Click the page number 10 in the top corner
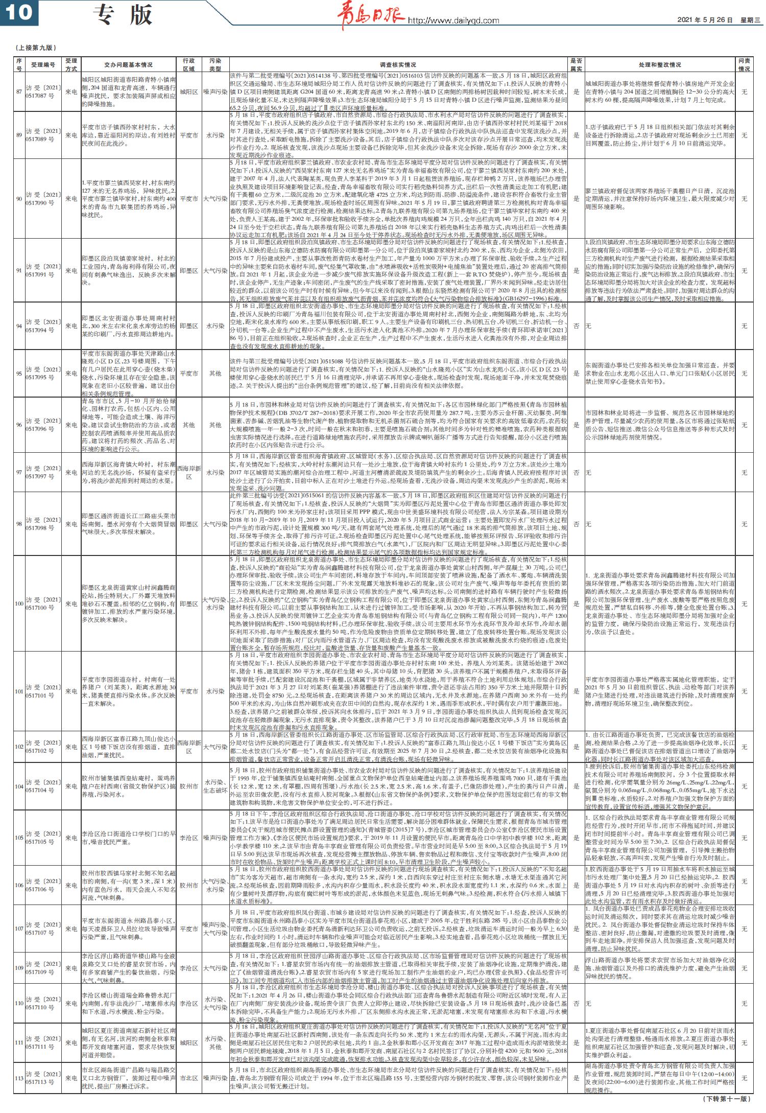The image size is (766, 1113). click(19, 13)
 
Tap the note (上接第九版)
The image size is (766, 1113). click(36, 48)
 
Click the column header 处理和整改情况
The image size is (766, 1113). click(659, 65)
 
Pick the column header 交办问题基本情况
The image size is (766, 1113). click(128, 65)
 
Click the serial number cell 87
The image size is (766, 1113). click(19, 92)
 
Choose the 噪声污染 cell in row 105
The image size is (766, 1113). click(215, 838)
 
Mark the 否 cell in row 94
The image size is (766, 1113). click(576, 326)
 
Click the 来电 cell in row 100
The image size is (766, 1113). click(71, 604)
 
